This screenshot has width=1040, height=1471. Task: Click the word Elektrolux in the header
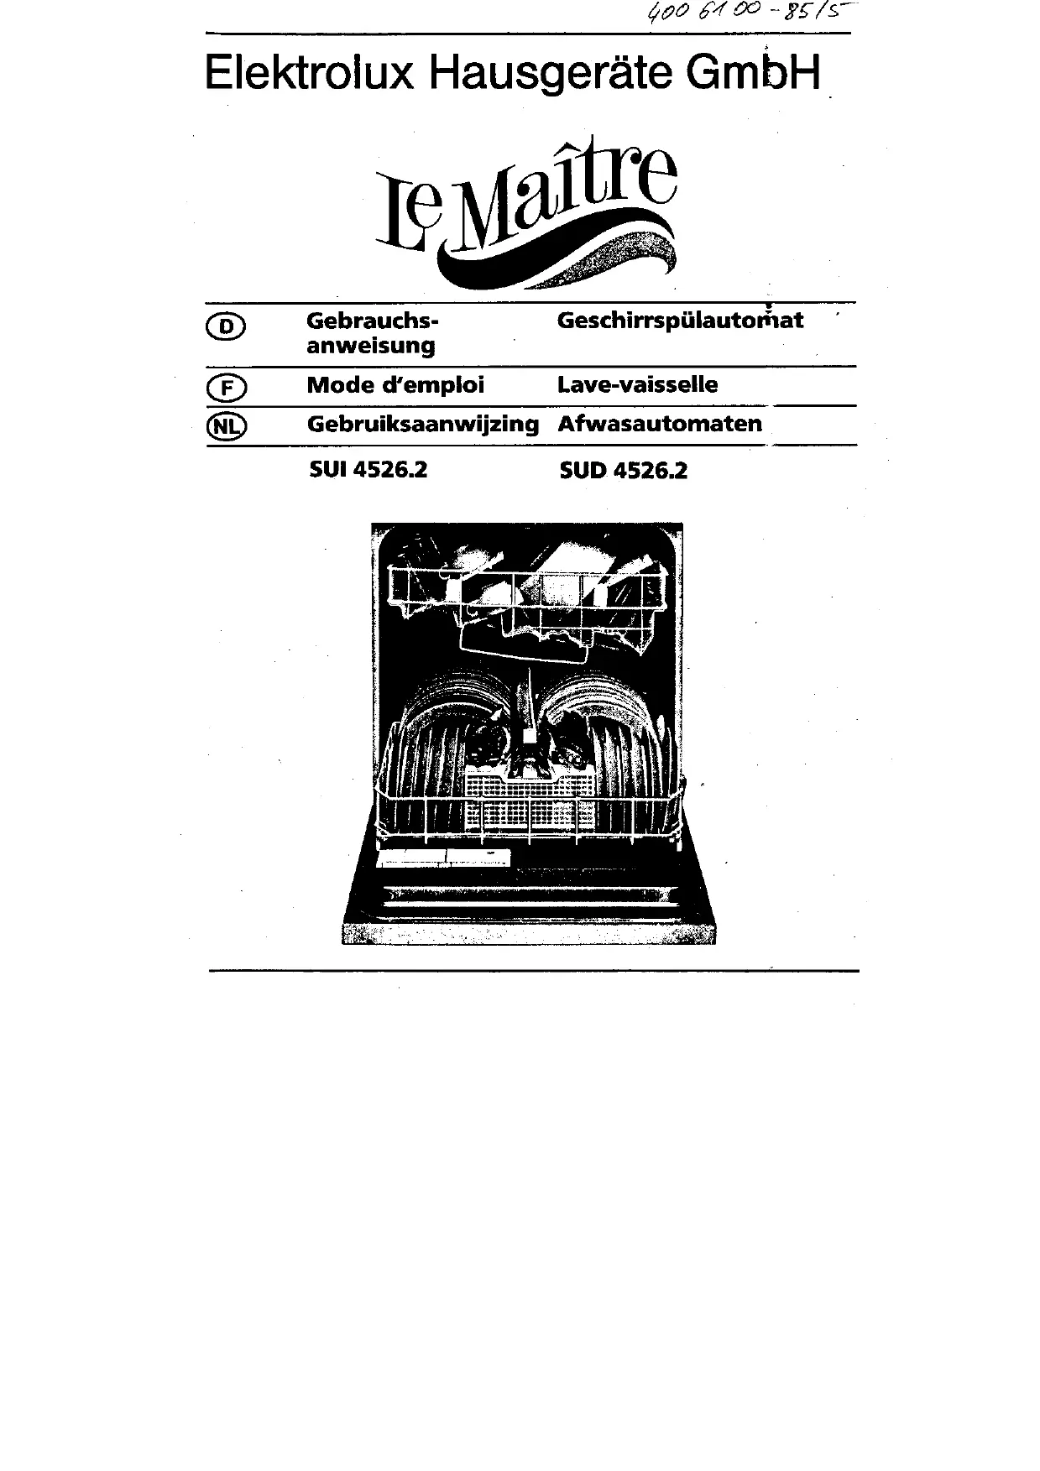309,74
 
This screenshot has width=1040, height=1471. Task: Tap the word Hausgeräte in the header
550,74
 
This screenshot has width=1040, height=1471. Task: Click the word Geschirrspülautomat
680,321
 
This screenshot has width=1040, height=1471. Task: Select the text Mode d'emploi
395,385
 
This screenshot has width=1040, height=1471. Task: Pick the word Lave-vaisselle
637,385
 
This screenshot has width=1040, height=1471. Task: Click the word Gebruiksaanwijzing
422,425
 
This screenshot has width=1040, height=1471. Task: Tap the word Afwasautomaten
660,424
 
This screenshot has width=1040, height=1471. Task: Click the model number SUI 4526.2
368,470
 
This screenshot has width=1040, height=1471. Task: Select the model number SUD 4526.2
623,471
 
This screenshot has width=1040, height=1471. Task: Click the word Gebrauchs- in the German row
373,321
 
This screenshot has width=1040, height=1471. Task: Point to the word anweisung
370,346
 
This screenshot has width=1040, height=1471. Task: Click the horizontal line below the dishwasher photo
534,971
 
